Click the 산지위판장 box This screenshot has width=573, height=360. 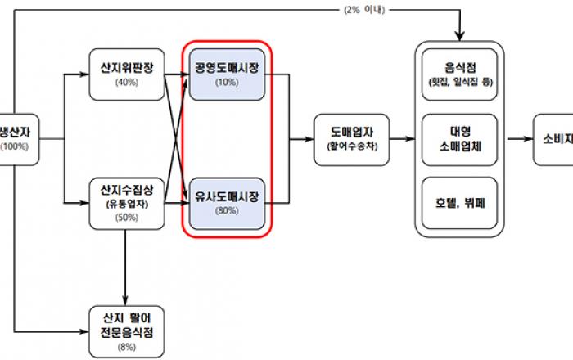pos(127,74)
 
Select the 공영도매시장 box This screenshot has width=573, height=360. pos(227,73)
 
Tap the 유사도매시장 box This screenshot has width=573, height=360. pos(227,204)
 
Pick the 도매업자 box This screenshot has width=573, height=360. pos(350,140)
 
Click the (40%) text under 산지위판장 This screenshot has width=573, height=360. pos(127,83)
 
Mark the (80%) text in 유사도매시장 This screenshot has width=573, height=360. pos(227,212)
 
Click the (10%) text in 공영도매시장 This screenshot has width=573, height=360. pos(227,82)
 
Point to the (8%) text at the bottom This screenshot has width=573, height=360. pos(127,346)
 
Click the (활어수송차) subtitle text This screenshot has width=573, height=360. pos(350,149)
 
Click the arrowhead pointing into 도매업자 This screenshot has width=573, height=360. pos(310,140)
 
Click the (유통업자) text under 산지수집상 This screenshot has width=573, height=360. pos(127,205)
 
